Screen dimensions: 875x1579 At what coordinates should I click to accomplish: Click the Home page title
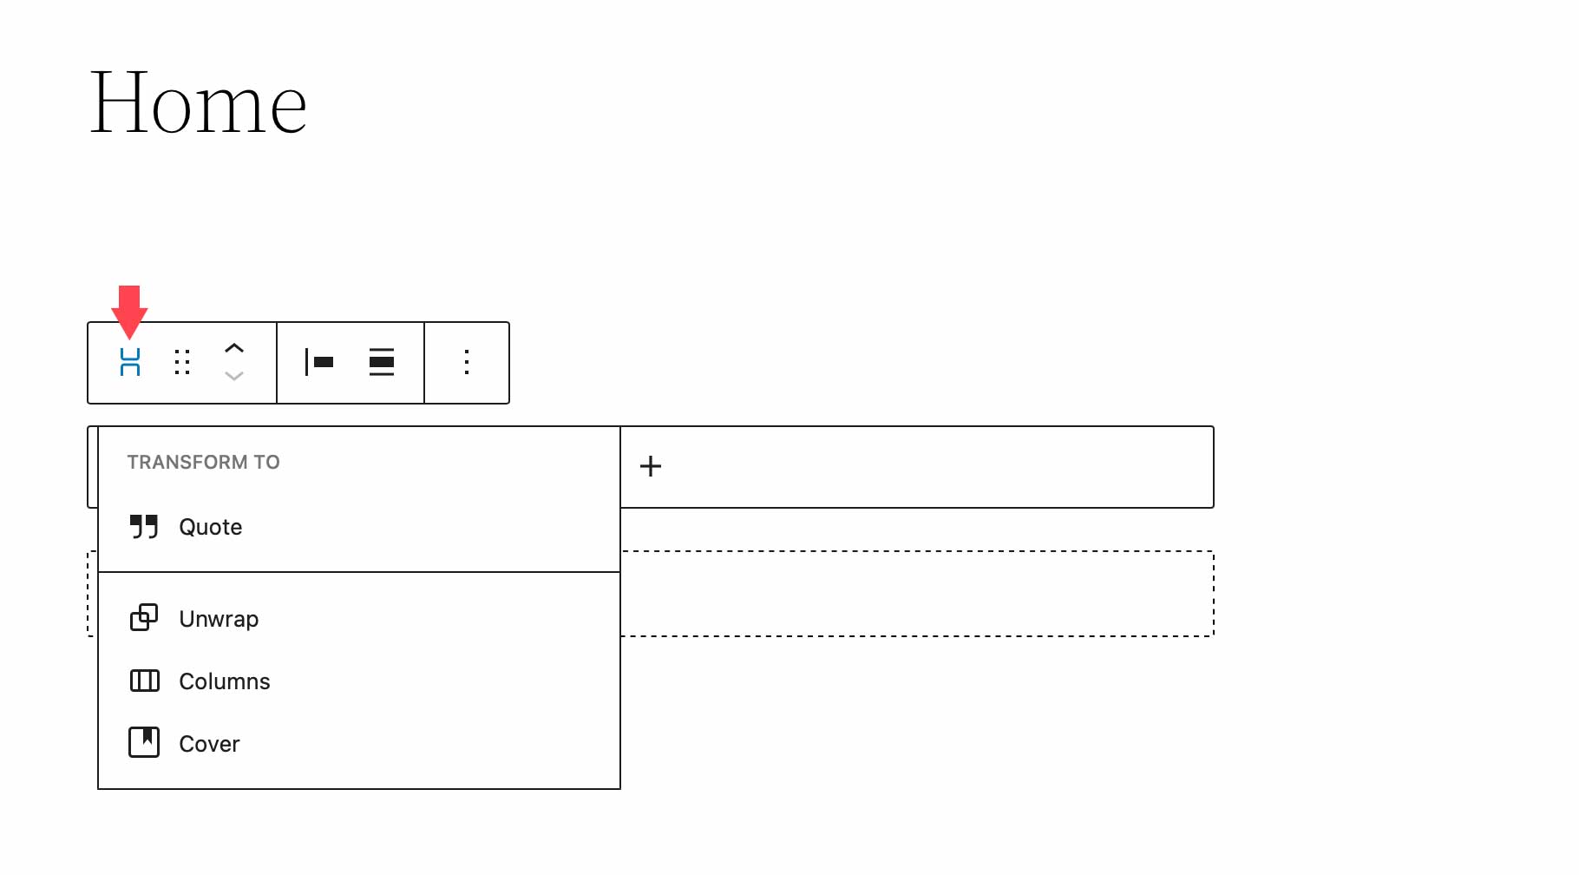click(198, 104)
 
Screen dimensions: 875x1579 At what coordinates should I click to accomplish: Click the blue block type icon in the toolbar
click(130, 362)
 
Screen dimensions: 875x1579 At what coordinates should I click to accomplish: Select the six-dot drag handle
click(182, 362)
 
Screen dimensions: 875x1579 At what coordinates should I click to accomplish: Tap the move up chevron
click(234, 348)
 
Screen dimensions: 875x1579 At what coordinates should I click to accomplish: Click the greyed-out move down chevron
click(234, 376)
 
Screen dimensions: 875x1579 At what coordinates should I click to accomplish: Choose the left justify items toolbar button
click(319, 362)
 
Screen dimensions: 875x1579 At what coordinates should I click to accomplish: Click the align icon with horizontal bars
click(382, 362)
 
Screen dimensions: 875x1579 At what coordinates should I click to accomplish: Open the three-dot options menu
click(467, 362)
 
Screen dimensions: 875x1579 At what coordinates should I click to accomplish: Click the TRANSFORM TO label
click(203, 462)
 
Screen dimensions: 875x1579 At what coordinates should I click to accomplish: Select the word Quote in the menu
click(210, 527)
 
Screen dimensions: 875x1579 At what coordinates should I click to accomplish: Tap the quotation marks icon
click(144, 526)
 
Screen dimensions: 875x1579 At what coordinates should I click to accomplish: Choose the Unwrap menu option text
click(219, 619)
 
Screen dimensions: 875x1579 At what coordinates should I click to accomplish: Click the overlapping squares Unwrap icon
click(144, 617)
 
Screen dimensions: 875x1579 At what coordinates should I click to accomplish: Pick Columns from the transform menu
click(224, 681)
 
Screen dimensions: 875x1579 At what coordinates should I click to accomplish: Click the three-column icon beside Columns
click(144, 681)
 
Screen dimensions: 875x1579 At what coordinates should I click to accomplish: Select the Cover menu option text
click(209, 744)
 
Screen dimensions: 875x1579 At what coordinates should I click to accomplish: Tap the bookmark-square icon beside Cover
click(144, 742)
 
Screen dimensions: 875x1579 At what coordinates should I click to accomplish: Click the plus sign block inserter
click(651, 466)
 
